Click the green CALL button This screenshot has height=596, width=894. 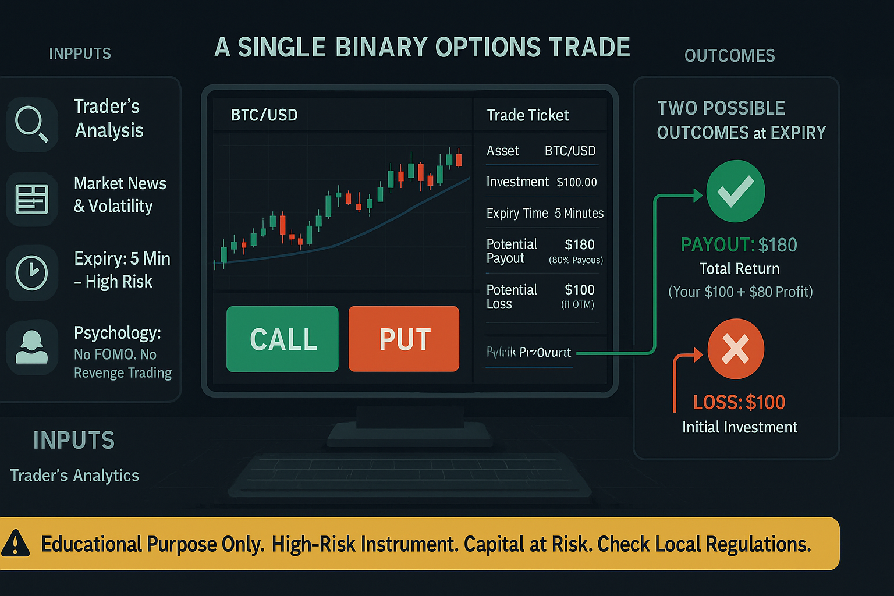coord(282,339)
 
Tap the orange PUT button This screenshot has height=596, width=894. coord(404,339)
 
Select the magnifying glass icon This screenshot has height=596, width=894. coord(31,124)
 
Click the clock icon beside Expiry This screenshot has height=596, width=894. coord(31,272)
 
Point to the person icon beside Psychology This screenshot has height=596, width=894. coord(31,347)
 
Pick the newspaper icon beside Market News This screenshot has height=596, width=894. coord(31,199)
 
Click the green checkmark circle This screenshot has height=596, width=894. coord(735,191)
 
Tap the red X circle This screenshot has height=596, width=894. coord(736,349)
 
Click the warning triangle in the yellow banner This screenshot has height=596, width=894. coord(16,543)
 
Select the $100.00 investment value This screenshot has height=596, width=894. coord(576,182)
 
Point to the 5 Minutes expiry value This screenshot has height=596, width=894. coord(579,213)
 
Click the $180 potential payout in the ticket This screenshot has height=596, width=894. coord(579,244)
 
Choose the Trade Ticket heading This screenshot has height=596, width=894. coord(527,115)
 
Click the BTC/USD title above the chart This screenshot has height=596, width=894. coord(264,115)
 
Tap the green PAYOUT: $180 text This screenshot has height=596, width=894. coord(739,245)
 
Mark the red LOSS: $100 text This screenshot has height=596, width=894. coord(739,402)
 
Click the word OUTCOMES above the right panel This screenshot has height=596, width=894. coord(729,56)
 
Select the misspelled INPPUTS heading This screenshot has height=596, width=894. coord(80,54)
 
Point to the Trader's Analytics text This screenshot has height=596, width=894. coord(74,476)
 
